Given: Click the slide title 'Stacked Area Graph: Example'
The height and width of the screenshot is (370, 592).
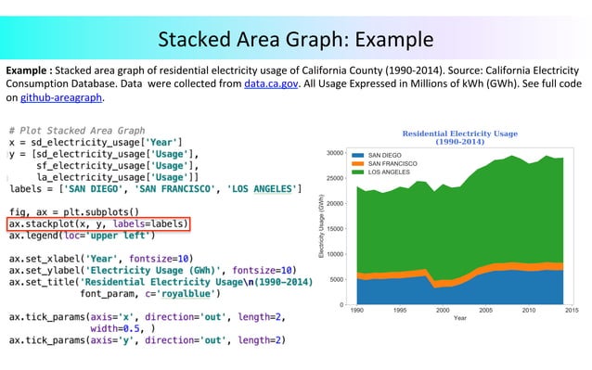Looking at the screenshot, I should [x=295, y=40].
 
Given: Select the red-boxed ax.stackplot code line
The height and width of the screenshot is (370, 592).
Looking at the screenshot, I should [x=98, y=223].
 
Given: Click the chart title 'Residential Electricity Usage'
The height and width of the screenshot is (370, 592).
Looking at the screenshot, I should [x=459, y=134].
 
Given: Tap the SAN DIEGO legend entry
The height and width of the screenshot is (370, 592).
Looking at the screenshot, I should [x=384, y=154].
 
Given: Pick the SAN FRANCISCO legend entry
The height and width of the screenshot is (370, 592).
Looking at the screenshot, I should [x=392, y=163].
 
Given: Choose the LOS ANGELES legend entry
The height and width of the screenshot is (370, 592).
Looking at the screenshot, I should [x=388, y=172].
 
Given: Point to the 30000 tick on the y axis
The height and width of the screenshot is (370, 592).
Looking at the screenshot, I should [x=335, y=152].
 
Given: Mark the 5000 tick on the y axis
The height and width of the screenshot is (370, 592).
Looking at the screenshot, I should [x=337, y=279].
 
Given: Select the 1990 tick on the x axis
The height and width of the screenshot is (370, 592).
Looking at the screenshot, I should [x=356, y=311].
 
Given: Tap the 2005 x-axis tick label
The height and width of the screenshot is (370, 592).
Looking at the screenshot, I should [x=485, y=311].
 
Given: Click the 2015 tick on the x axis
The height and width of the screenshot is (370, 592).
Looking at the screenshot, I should [x=571, y=311].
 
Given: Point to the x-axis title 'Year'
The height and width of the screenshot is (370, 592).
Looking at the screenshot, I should [x=459, y=319].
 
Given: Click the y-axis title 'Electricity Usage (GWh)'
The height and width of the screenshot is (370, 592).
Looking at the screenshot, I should [x=321, y=227].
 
